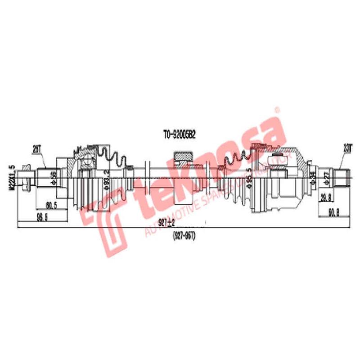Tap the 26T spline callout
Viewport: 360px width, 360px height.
pyautogui.click(x=37, y=147)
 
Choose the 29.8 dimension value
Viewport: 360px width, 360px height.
pyautogui.click(x=326, y=198)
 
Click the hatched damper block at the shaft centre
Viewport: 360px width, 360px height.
pyautogui.click(x=183, y=157)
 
